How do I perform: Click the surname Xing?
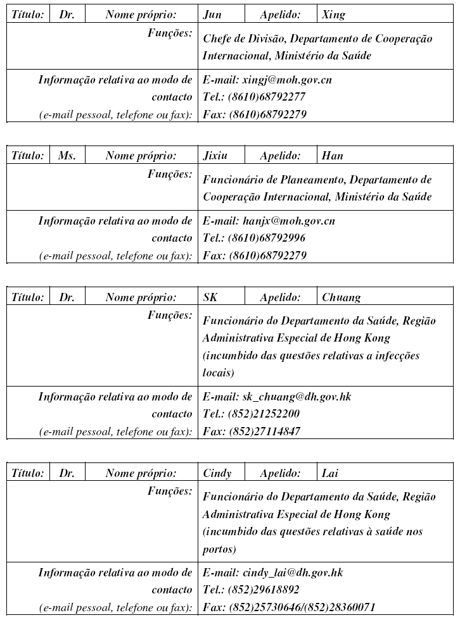[333, 14]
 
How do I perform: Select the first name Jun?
[212, 14]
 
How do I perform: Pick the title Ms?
[67, 155]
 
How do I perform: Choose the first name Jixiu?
[216, 155]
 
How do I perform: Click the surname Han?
[332, 155]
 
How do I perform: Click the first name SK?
[210, 297]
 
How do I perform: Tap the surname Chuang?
[341, 297]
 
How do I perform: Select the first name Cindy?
[217, 473]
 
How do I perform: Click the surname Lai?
[330, 473]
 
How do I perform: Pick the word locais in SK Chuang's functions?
[215, 374]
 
